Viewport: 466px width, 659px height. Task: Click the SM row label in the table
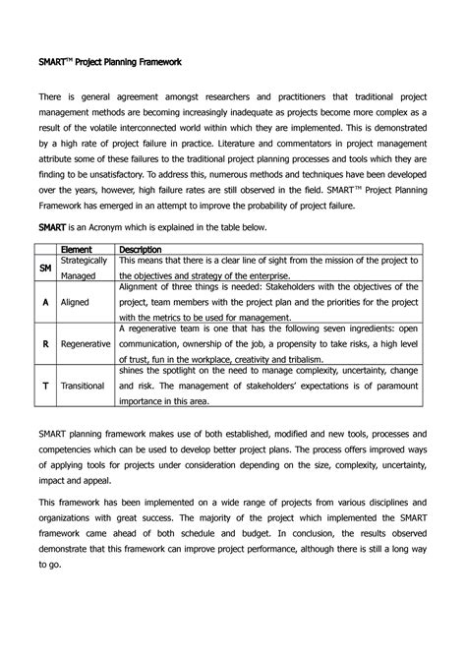(45, 269)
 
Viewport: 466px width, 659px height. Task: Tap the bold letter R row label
(45, 346)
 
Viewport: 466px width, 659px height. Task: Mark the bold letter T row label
(45, 388)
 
